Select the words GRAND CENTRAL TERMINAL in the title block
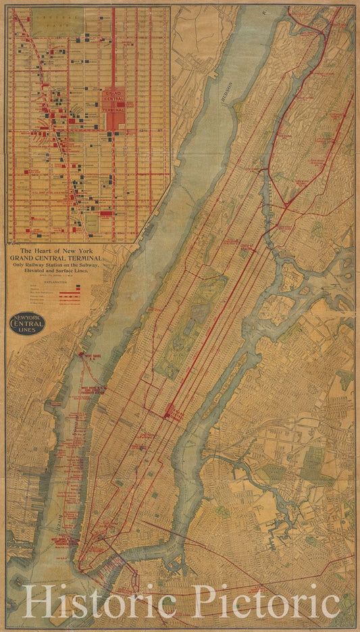click(x=55, y=258)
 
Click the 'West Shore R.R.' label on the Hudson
click(x=90, y=354)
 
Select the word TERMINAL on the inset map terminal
click(x=113, y=108)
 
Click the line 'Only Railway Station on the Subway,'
click(x=55, y=265)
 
